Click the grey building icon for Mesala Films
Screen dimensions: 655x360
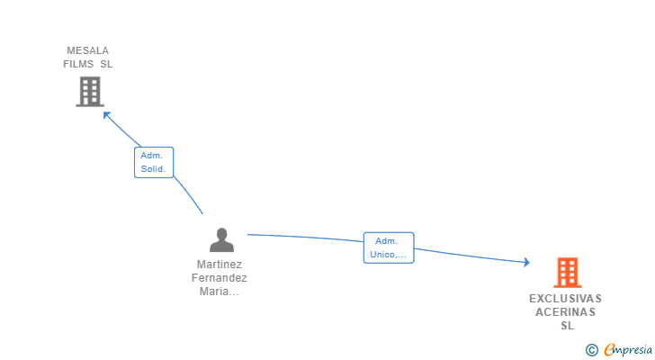coord(90,92)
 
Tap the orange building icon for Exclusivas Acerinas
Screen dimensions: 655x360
coord(567,273)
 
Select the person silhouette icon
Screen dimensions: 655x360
coord(221,239)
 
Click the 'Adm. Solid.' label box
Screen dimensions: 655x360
coord(154,163)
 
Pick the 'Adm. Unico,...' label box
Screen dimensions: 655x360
coord(389,247)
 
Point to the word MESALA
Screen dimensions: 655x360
coord(88,50)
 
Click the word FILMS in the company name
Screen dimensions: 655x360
coord(78,64)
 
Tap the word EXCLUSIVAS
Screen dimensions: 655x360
coord(566,299)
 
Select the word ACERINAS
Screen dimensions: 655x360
coord(566,312)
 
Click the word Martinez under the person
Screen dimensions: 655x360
coord(220,265)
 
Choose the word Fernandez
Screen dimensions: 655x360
coord(220,278)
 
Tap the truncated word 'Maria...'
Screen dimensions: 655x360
coord(220,292)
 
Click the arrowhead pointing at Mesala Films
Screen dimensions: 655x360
coord(107,115)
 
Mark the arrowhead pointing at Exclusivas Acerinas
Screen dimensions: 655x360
coord(526,262)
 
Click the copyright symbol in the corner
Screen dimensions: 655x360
coord(591,350)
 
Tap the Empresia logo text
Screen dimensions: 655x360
coord(628,349)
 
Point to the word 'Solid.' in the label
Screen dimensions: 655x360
coord(153,169)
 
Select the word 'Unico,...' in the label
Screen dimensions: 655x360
coord(388,255)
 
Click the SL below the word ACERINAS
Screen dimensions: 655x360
coord(567,325)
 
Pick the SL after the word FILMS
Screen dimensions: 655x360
coord(106,64)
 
